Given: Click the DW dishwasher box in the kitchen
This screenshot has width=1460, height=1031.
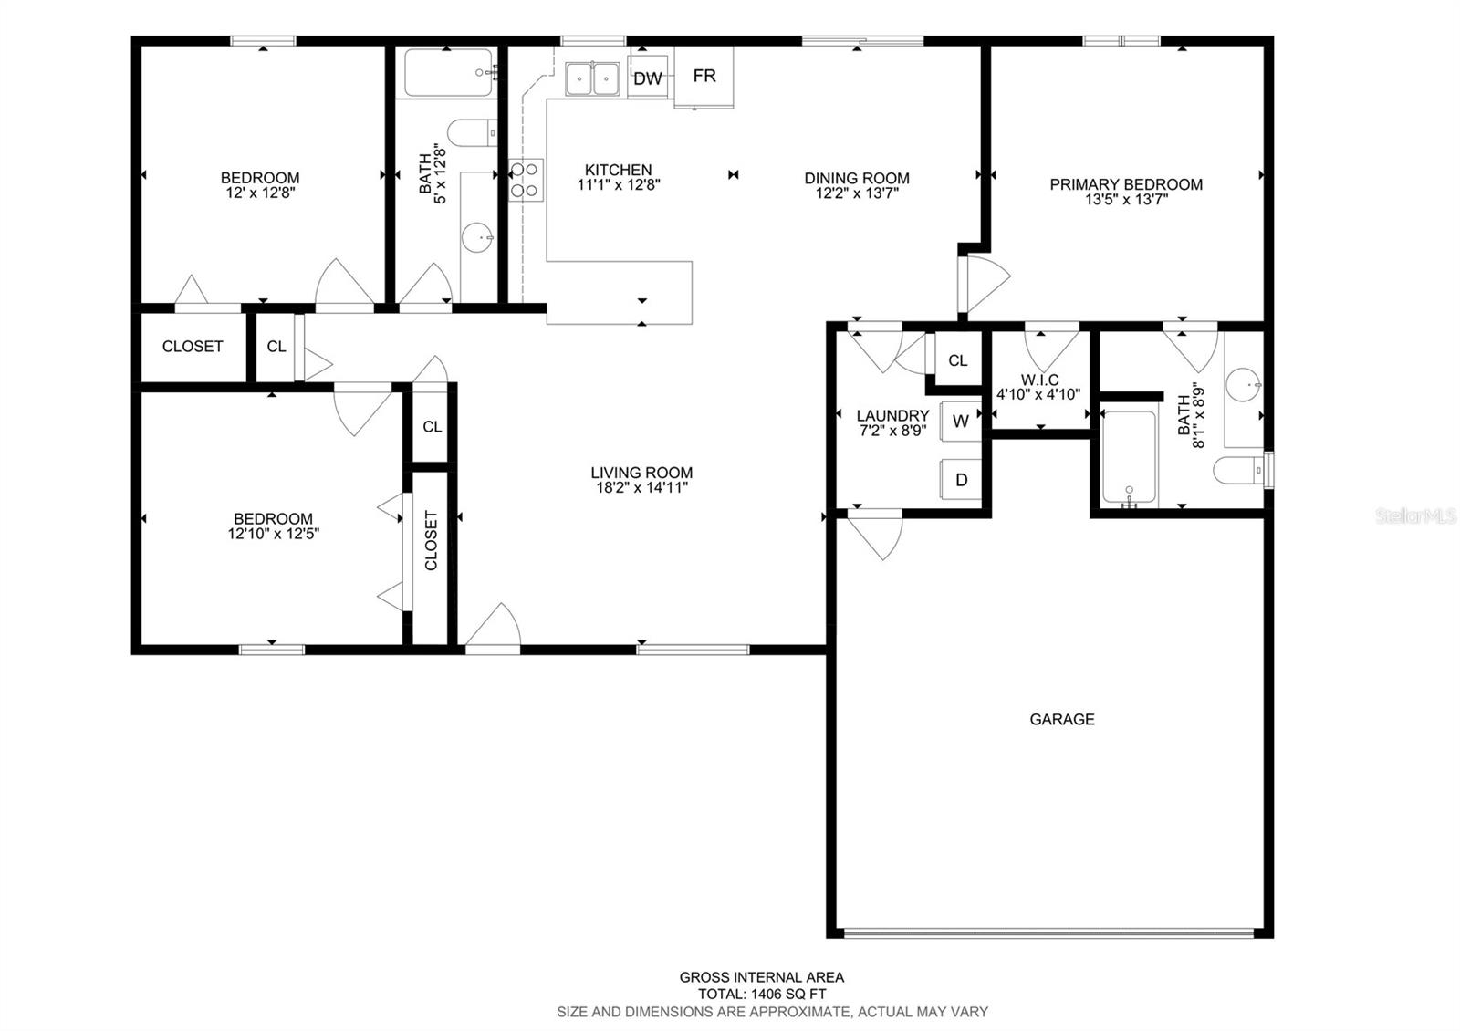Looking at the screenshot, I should point(647,78).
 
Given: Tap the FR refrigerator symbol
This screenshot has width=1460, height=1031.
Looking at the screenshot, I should point(704,76).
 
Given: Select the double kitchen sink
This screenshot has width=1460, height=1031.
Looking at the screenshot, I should point(591,78).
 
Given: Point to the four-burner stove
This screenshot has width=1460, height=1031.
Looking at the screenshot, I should point(525,179).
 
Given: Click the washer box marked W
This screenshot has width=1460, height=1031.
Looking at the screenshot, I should point(960,421).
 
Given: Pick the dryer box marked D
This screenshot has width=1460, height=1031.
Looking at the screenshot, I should point(961,480).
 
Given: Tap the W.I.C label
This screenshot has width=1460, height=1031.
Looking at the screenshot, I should point(1039,380).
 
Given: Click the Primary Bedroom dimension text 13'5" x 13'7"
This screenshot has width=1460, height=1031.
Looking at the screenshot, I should point(1126,200).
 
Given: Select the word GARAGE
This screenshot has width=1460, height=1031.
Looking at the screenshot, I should point(1061,719).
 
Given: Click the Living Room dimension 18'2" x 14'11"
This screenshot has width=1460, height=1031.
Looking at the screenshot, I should point(641,488).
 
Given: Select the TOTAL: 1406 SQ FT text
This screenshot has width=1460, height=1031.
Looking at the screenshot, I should point(762,995).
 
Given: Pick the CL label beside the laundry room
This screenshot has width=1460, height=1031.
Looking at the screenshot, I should point(957,360).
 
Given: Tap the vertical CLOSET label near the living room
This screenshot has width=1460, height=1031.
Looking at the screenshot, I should point(431,540).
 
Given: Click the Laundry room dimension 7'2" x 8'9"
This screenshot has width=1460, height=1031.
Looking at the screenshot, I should point(892,431).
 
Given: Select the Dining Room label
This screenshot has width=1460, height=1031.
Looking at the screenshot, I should point(856,178).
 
